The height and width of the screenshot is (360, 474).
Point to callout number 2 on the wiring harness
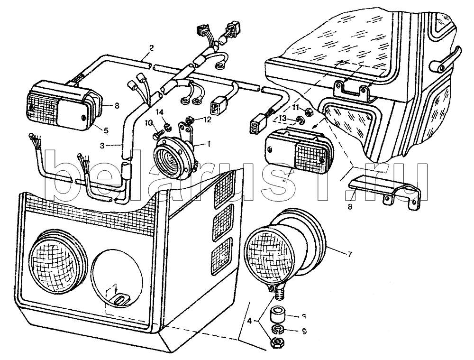coord(151,47)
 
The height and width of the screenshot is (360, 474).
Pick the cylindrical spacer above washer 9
coord(276,314)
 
